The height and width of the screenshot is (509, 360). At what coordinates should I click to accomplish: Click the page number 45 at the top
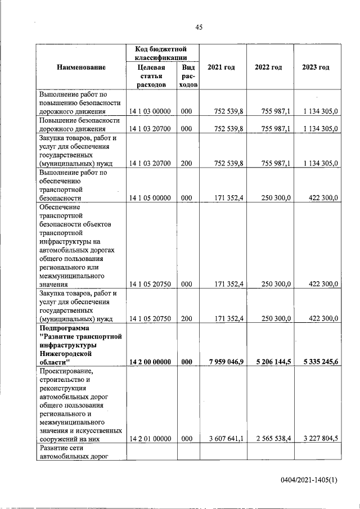[199, 26]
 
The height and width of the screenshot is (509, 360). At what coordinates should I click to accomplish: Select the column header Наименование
[81, 67]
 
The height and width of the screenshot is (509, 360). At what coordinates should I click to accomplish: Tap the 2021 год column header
[221, 67]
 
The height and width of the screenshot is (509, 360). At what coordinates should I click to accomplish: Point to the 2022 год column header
[268, 67]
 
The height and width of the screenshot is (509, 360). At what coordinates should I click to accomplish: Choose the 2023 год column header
[316, 67]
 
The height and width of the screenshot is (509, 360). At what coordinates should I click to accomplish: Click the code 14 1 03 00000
[150, 112]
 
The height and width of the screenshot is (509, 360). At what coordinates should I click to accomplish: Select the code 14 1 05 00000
[150, 198]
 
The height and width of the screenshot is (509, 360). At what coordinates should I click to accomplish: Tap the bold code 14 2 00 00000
[150, 362]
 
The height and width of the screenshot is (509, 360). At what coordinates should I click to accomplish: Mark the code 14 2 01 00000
[150, 439]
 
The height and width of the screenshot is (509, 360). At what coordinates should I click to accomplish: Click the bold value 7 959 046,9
[223, 362]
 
